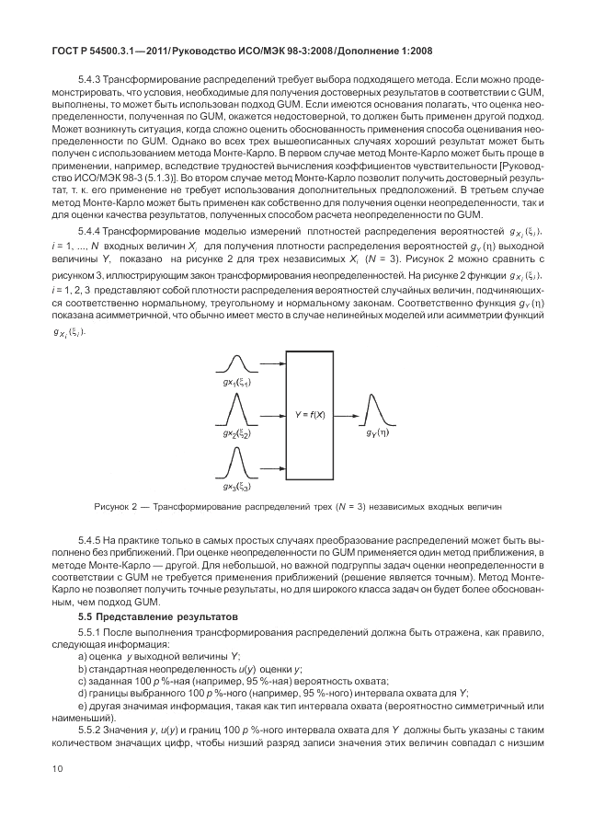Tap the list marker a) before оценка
84,656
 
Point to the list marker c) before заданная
84,680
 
